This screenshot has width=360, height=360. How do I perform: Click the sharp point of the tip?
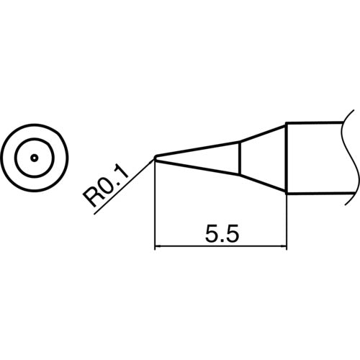[x=156, y=158]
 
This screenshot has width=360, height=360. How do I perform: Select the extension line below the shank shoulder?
[x=287, y=223]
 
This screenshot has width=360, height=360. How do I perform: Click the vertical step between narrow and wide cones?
[x=239, y=158]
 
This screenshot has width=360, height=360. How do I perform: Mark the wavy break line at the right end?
[x=351, y=158]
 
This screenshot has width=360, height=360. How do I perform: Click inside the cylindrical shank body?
[x=317, y=158]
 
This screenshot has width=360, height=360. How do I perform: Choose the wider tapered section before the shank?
[x=263, y=158]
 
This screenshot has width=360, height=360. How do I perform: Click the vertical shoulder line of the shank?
[x=287, y=158]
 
